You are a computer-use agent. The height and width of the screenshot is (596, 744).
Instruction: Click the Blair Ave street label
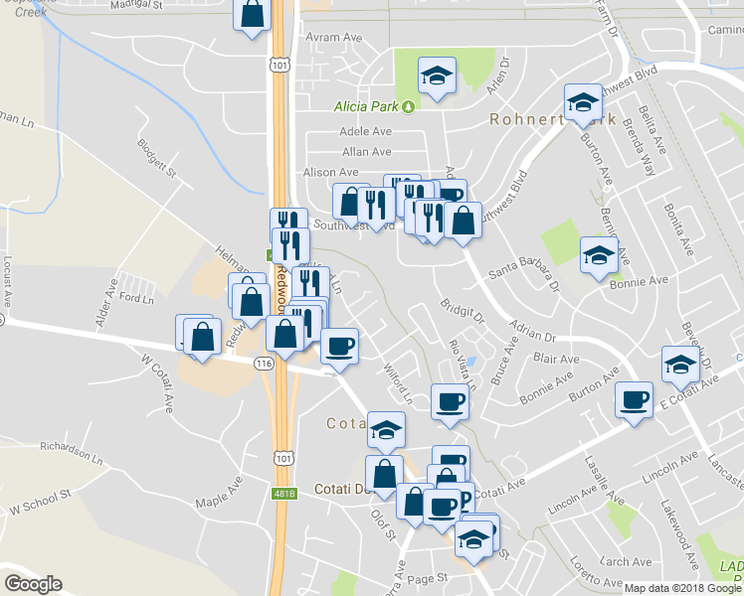click(x=556, y=359)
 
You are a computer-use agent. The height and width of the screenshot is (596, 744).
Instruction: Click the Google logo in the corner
click(x=34, y=584)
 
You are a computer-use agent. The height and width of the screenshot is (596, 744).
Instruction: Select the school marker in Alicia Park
click(x=435, y=76)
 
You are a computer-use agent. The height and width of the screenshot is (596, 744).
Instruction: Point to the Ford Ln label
click(x=136, y=298)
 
